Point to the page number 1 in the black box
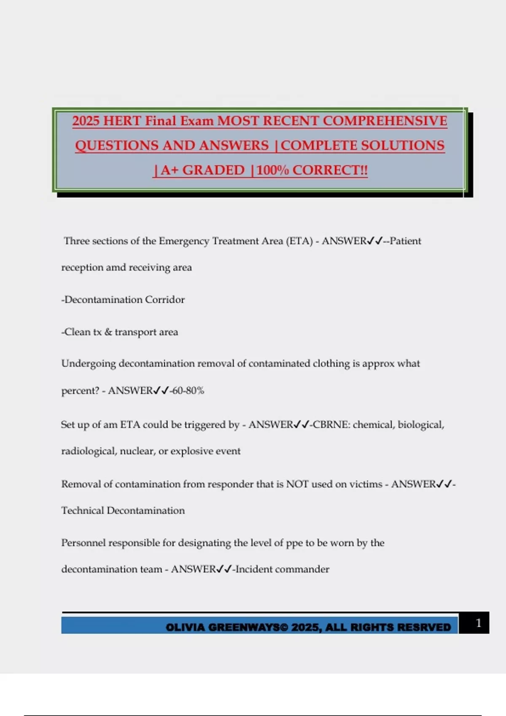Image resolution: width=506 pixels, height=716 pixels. point(478,623)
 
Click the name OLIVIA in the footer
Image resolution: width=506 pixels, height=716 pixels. point(185,628)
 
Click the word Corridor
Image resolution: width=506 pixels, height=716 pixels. point(165,300)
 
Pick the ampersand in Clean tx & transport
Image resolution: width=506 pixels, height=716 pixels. point(108,332)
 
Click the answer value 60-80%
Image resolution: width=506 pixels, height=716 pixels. point(188,391)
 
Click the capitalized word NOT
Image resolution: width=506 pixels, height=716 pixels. point(297,484)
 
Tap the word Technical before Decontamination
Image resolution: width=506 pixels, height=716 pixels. point(82,511)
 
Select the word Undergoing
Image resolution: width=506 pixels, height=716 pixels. point(88,364)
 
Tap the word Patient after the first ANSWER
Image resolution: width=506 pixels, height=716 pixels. point(405,241)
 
